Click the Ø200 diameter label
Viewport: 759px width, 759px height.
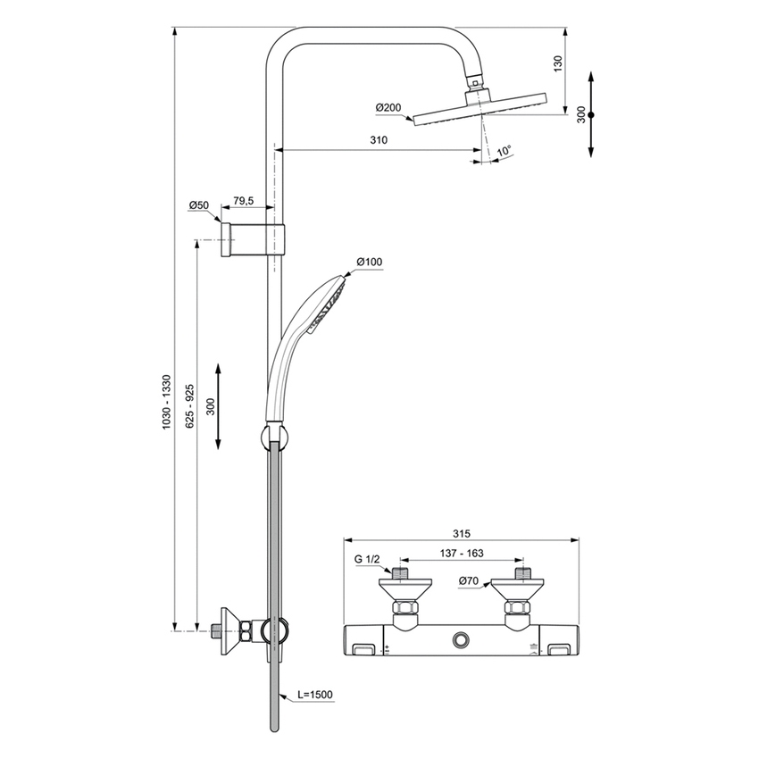coord(388,108)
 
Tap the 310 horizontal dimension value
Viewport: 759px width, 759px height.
coord(379,140)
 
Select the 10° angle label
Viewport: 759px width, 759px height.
coord(505,152)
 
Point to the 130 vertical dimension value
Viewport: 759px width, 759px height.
coord(557,64)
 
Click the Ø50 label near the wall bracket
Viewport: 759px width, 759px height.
coord(198,205)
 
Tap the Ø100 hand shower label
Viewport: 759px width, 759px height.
coord(369,262)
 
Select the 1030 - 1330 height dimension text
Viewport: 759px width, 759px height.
coord(165,401)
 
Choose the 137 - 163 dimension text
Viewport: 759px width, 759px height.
coord(462,554)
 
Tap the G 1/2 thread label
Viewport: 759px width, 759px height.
coord(367,559)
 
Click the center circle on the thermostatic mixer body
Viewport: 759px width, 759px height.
coord(462,639)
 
